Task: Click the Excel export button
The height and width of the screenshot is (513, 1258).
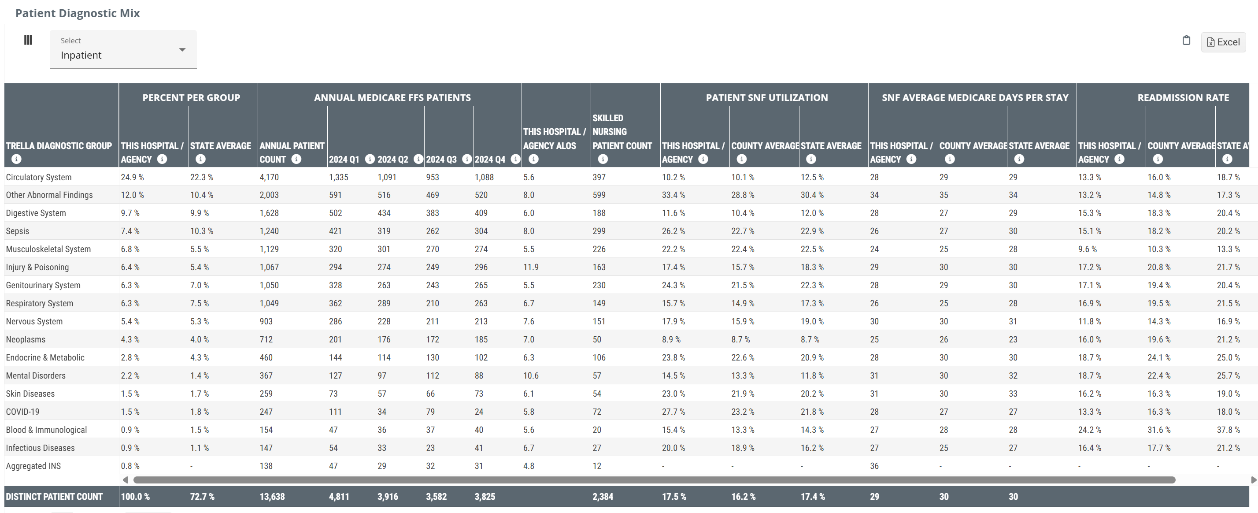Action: [x=1223, y=42]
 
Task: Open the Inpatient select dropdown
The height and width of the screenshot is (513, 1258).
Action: [x=123, y=49]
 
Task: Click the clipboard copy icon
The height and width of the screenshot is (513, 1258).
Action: [x=1186, y=40]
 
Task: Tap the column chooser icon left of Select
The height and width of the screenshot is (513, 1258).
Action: [x=28, y=40]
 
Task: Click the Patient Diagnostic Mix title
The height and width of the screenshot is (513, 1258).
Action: [x=78, y=13]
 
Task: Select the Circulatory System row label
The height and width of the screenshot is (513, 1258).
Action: [x=39, y=177]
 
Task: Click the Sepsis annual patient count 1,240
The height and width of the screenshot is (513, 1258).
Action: [x=269, y=231]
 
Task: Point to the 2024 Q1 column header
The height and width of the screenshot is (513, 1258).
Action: [x=344, y=159]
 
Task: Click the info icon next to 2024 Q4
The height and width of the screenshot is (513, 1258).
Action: [x=515, y=159]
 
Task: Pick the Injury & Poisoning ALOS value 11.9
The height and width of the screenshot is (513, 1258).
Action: [x=531, y=267]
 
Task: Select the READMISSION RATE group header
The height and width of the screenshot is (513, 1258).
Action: [x=1183, y=97]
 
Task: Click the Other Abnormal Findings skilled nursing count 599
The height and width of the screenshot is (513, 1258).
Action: [x=599, y=195]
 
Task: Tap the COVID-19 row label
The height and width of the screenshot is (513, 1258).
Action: [x=22, y=411]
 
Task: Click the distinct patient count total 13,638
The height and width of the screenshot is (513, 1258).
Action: [x=272, y=496]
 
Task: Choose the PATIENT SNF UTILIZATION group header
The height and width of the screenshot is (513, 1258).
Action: [x=767, y=97]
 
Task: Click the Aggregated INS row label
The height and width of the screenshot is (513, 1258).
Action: [x=33, y=465]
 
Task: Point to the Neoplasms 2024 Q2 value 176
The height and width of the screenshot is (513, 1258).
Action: [x=384, y=339]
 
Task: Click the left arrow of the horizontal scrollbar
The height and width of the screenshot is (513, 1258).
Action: [x=126, y=480]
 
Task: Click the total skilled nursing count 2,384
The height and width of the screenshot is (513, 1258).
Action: [x=603, y=496]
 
